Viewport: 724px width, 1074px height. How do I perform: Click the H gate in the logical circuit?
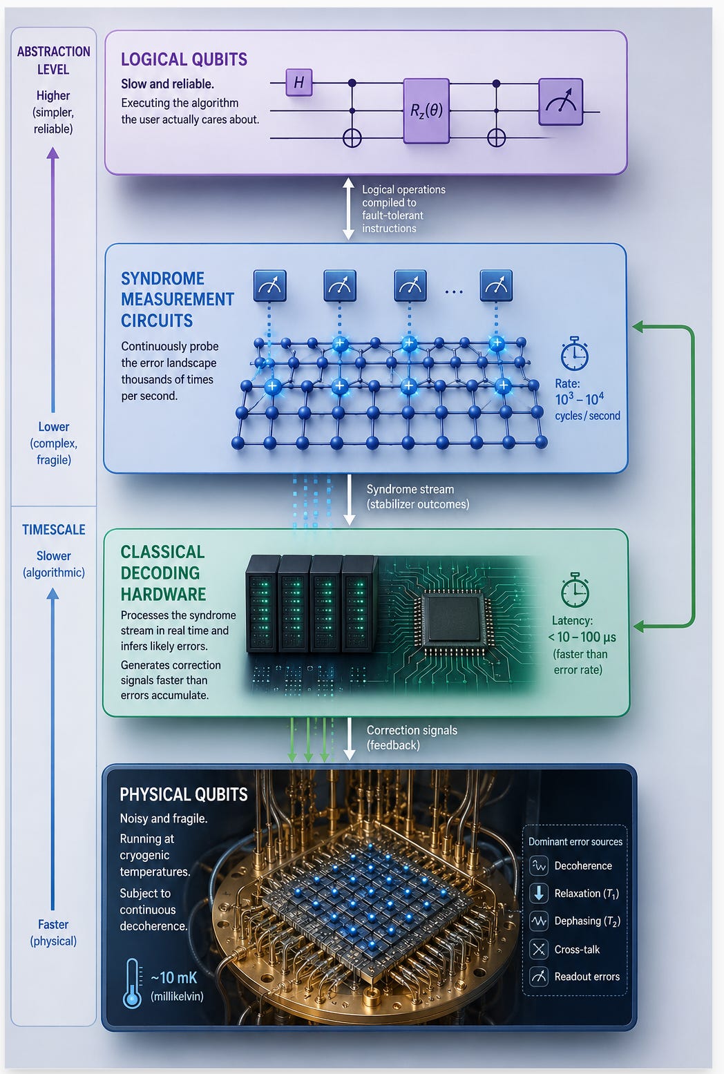point(299,82)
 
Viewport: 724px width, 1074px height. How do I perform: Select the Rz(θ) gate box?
point(426,111)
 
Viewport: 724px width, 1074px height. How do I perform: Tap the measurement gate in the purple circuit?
point(560,102)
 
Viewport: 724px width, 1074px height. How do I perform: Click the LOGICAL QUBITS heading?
point(184,59)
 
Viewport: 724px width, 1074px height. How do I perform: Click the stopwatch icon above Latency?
point(575,590)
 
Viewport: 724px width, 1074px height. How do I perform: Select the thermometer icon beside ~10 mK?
point(132,984)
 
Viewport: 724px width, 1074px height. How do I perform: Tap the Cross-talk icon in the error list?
point(539,949)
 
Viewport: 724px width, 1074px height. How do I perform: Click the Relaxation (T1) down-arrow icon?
point(539,893)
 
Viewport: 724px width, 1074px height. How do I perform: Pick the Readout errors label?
point(587,976)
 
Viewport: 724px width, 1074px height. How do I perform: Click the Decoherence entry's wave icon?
point(539,865)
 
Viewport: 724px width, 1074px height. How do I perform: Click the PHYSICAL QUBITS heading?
point(184,794)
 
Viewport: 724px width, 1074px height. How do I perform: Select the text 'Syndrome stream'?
point(410,489)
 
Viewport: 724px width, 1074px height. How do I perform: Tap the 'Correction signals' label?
point(412,730)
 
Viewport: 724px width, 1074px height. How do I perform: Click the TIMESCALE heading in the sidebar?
point(54,529)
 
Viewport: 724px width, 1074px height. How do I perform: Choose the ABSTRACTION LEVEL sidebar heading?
point(54,60)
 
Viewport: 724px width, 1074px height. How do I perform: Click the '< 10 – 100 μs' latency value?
point(582,637)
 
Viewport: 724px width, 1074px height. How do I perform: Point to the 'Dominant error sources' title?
point(575,841)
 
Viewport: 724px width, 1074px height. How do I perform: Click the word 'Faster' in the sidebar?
point(53,924)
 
